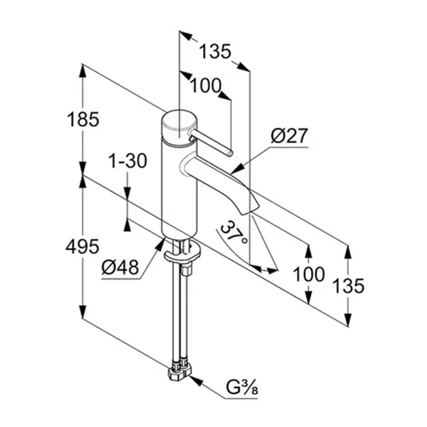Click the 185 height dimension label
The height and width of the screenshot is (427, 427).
(83, 119)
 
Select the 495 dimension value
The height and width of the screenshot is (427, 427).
(83, 247)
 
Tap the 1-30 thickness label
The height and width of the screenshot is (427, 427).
(128, 161)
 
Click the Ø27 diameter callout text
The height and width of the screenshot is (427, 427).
(289, 136)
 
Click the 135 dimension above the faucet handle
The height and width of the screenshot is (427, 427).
(215, 51)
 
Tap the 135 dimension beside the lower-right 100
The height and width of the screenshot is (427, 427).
(349, 286)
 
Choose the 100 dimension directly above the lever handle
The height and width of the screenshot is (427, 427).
(205, 85)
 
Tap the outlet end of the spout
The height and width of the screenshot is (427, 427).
(250, 210)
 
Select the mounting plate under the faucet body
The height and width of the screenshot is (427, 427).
(182, 252)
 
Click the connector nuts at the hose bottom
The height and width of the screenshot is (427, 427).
(180, 368)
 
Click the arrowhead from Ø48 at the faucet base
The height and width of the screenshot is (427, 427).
(160, 243)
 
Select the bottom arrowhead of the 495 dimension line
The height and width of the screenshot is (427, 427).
(83, 311)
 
